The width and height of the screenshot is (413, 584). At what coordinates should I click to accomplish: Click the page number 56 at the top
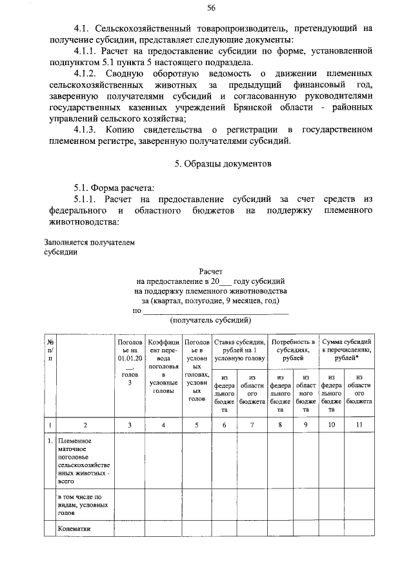point(211,8)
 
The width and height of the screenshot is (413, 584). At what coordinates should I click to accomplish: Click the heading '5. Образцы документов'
point(223,164)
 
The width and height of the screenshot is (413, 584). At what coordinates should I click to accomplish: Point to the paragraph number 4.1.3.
point(88,130)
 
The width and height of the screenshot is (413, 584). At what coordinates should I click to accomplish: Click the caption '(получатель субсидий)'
point(210,320)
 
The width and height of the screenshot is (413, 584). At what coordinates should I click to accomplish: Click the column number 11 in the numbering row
point(359,425)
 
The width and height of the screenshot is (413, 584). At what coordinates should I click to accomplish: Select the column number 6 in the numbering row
point(225,425)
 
